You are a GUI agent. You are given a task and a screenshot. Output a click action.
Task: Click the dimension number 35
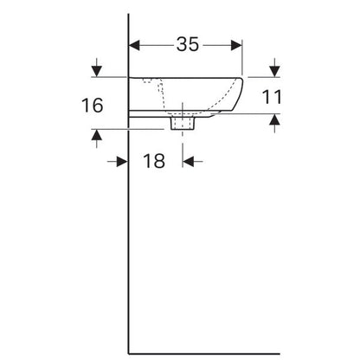click(x=188, y=44)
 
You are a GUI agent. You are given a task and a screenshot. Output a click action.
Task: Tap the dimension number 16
click(x=92, y=105)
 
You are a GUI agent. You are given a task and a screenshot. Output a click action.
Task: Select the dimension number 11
click(x=272, y=97)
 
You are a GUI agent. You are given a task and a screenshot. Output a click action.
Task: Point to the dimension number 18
click(x=154, y=161)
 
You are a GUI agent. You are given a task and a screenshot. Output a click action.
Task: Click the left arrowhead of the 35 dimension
click(x=134, y=45)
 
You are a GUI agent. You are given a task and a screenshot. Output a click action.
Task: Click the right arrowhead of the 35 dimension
click(x=236, y=45)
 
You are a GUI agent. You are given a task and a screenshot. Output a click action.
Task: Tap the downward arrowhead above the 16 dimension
click(x=97, y=71)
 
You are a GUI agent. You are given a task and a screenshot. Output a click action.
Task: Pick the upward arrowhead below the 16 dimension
click(x=97, y=135)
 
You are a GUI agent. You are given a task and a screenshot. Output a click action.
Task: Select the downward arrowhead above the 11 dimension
click(x=274, y=71)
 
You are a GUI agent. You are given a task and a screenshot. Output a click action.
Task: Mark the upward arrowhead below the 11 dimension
click(x=274, y=119)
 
